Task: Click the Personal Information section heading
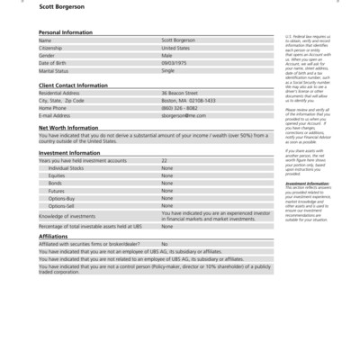(x=66, y=32)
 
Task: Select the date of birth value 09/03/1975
(x=175, y=62)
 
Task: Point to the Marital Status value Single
(x=167, y=70)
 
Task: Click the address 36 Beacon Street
(x=178, y=93)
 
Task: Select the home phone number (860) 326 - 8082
(x=179, y=108)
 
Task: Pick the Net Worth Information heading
(x=68, y=128)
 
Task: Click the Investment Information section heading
(x=69, y=153)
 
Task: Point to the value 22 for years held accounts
(x=164, y=160)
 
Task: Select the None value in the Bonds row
(x=166, y=183)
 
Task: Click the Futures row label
(x=56, y=191)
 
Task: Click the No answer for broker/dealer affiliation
(x=165, y=244)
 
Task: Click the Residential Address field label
(x=59, y=93)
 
